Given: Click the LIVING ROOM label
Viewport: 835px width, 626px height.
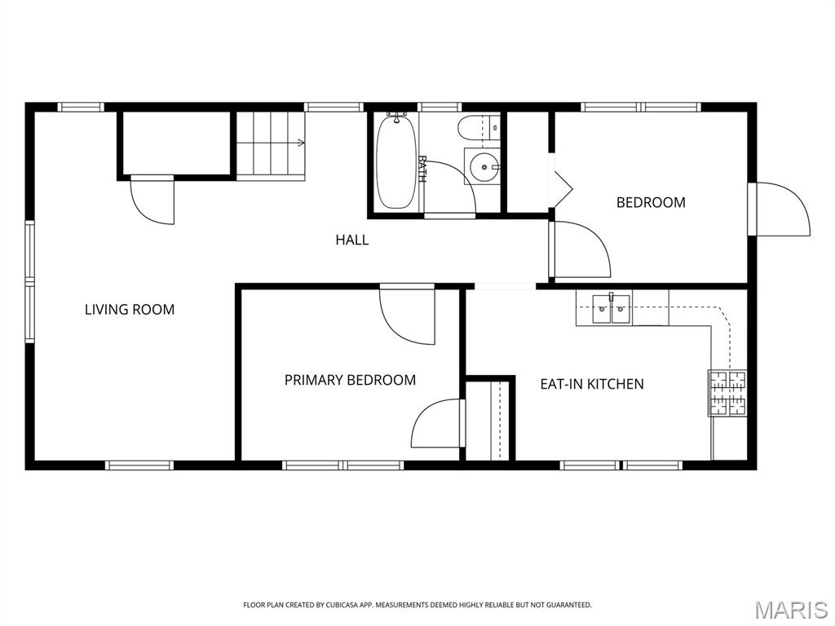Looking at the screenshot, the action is (130, 309).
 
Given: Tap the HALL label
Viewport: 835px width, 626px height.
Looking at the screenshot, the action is (352, 240).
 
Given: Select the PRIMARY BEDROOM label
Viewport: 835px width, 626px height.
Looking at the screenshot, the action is (350, 380).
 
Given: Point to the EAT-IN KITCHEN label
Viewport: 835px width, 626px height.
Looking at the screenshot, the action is (592, 384).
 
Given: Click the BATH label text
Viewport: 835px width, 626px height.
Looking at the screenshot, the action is (422, 169).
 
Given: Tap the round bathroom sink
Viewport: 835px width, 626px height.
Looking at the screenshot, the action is (484, 166).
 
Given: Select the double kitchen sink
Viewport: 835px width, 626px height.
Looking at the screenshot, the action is (612, 309).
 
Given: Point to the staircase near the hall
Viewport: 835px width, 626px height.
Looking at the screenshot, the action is (271, 145).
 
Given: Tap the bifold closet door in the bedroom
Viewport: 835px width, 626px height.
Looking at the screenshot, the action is (561, 180).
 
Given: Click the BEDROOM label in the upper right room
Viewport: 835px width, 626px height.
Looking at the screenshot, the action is (651, 202).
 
